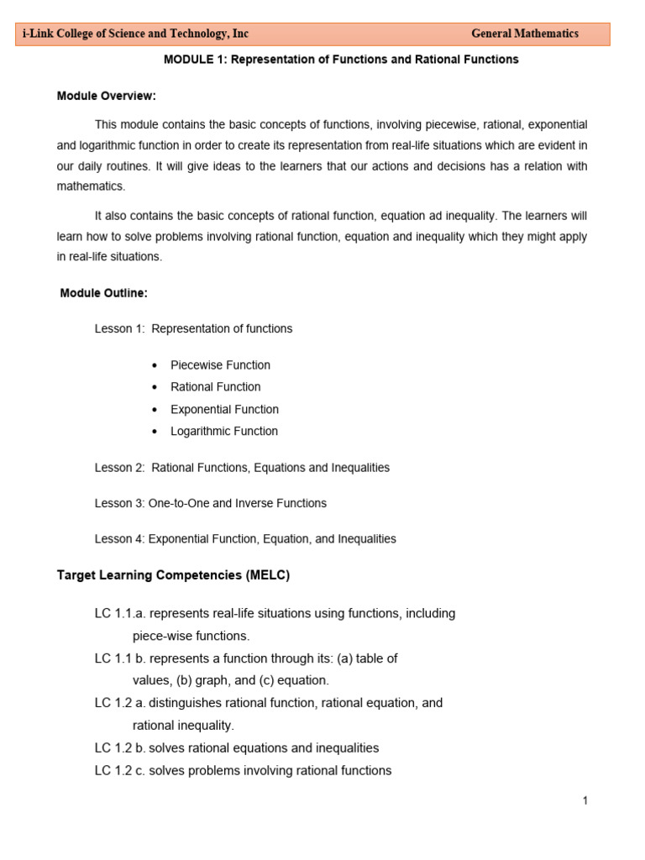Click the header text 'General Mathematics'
click(x=524, y=34)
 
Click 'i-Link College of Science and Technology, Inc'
click(x=136, y=34)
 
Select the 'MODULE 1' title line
click(x=340, y=60)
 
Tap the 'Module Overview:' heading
click(x=107, y=96)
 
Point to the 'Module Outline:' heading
click(x=104, y=293)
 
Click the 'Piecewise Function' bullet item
click(x=220, y=365)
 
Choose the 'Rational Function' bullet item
click(x=215, y=387)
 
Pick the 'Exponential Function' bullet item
click(x=224, y=410)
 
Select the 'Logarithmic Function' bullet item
click(x=223, y=432)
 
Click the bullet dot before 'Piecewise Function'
click(x=155, y=366)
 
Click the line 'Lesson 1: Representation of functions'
click(x=193, y=329)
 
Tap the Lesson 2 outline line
click(x=242, y=468)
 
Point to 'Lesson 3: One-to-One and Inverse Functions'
click(x=210, y=504)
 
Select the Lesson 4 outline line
click(x=245, y=539)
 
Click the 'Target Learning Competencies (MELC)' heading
click(x=173, y=575)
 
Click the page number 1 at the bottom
click(x=585, y=801)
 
